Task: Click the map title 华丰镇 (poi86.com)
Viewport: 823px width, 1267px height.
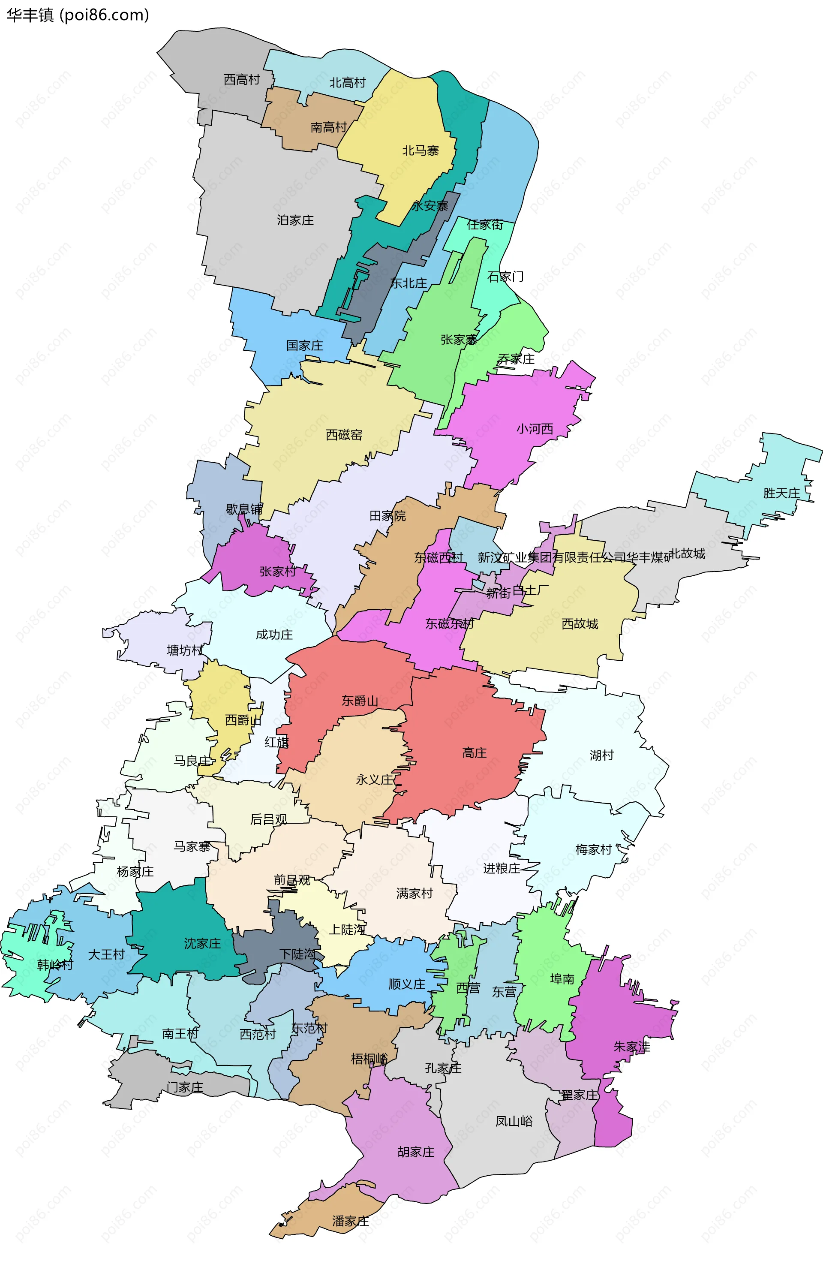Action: [x=78, y=15]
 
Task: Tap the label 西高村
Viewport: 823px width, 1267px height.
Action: [x=242, y=79]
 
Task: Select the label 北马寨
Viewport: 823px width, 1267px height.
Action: [x=420, y=150]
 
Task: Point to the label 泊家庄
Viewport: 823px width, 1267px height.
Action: [x=295, y=220]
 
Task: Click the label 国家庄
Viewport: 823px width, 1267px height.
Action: [x=304, y=346]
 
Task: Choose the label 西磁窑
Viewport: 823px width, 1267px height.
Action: [x=344, y=435]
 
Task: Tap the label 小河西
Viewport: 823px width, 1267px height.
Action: [x=535, y=428]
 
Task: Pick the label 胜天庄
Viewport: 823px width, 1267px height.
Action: [x=781, y=493]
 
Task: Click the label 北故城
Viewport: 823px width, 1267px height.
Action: [x=687, y=554]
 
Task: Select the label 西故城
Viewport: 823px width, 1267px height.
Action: [x=580, y=623]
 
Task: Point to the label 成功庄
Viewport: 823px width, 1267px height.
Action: [x=274, y=635]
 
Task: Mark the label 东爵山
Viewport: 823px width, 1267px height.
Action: [x=360, y=701]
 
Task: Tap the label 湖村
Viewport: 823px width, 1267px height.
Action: [x=601, y=755]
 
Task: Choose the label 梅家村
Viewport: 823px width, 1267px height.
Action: [x=594, y=850]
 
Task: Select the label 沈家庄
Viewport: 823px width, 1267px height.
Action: [x=202, y=943]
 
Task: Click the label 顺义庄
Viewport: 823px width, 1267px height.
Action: [x=407, y=984]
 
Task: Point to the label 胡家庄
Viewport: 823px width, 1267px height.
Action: [x=416, y=1152]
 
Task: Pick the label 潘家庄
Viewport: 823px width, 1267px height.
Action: [x=350, y=1221]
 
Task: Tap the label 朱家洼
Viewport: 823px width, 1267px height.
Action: [x=632, y=1047]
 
